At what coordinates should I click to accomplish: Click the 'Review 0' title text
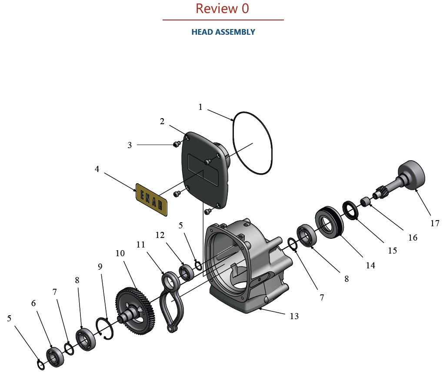tap(222, 9)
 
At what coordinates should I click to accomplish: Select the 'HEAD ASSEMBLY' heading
tap(223, 32)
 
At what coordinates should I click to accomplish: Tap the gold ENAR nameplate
tap(151, 199)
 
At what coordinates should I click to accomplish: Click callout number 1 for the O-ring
tap(200, 107)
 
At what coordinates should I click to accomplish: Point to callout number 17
tap(435, 224)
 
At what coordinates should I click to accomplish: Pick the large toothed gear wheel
tap(135, 308)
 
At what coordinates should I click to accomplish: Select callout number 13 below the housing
tap(294, 316)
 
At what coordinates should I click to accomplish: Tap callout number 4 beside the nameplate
tap(97, 169)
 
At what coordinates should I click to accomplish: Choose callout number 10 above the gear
tap(120, 253)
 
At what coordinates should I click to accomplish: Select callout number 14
tap(370, 265)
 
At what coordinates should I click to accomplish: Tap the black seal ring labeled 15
tap(350, 210)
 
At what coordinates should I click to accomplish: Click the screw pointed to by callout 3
tap(177, 144)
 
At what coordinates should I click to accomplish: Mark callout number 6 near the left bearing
tap(33, 303)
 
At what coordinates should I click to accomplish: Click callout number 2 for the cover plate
tap(162, 122)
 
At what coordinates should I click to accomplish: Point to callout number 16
tap(413, 238)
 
